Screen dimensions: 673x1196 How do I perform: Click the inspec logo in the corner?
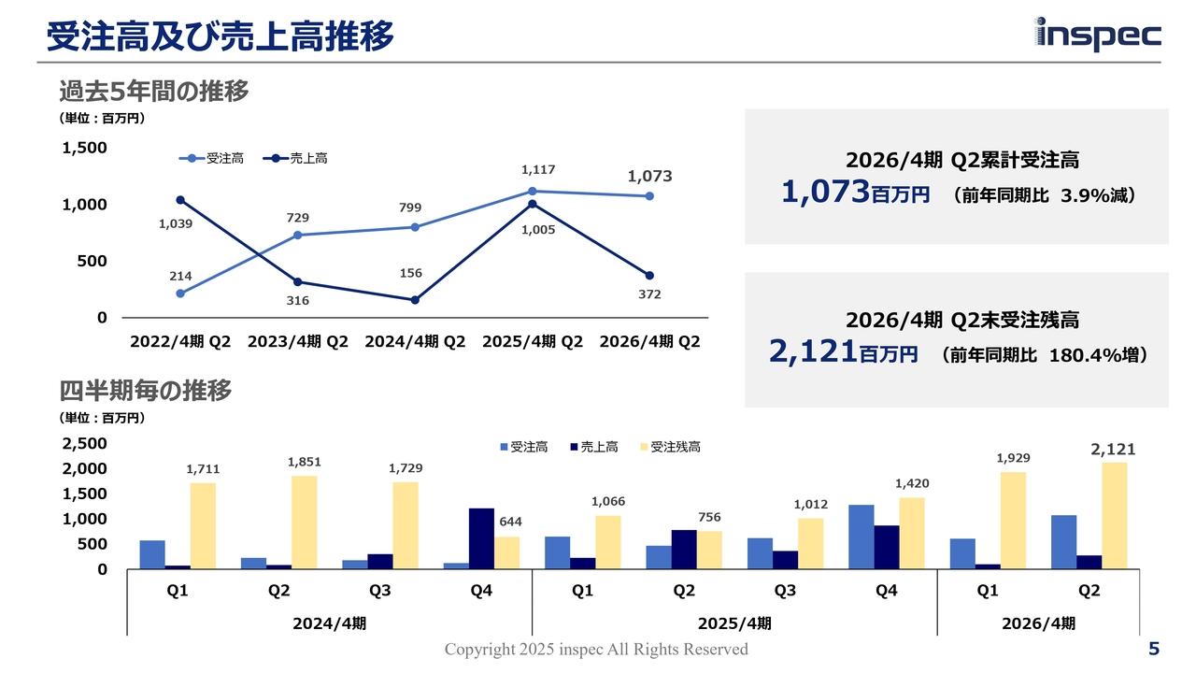1098,35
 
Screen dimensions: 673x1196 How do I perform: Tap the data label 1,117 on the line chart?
538,170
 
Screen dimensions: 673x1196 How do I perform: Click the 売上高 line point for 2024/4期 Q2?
415,300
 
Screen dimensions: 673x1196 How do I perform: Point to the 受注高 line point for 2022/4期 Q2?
180,294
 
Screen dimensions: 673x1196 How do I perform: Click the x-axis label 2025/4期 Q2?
533,342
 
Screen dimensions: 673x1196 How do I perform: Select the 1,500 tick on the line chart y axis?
85,148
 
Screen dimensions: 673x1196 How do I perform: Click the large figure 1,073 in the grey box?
826,193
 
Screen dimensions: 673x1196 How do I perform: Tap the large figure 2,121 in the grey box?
813,352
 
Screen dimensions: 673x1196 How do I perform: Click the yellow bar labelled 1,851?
304,522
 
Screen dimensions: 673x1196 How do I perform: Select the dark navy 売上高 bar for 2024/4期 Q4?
481,537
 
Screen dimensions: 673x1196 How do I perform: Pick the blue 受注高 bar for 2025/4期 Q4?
861,537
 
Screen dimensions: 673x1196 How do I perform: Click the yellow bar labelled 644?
506,552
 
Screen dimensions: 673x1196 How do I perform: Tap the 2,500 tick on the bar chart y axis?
85,443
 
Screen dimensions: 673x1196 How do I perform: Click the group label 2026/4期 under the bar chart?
1038,623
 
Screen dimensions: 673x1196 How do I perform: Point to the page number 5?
1154,649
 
